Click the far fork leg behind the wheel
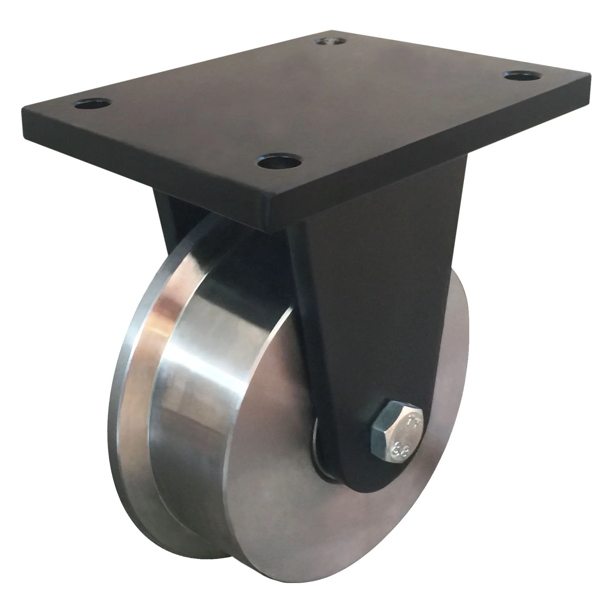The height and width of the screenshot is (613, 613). (169, 213)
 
